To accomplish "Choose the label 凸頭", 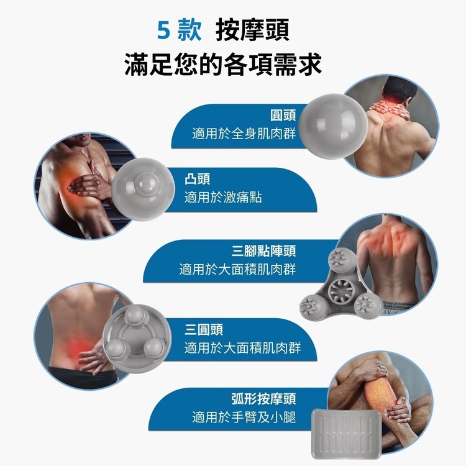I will click(x=198, y=180).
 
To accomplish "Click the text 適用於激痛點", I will click(x=223, y=197).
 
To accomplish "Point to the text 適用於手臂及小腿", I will click(x=244, y=417).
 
